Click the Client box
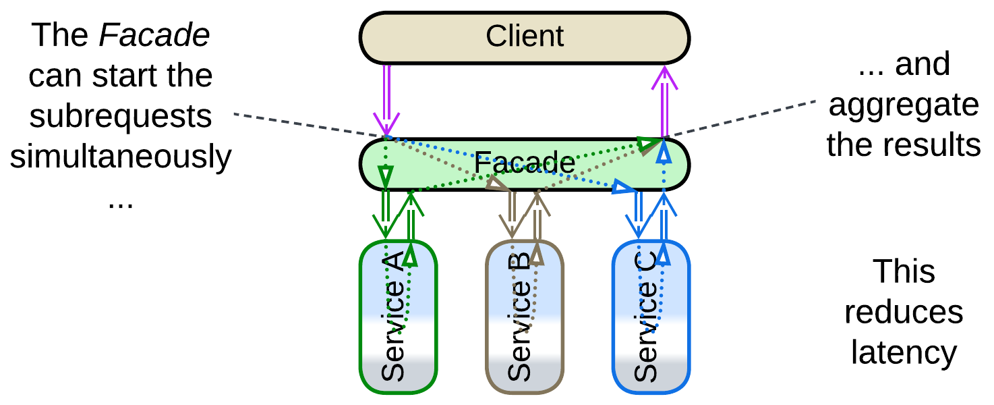tap(432, 36)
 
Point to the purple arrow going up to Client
tap(665, 101)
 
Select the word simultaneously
tap(121, 157)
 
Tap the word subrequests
tap(121, 116)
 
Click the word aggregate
tap(904, 105)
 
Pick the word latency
tap(904, 352)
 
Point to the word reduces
tap(904, 312)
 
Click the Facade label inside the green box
tap(524, 163)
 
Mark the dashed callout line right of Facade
tap(742, 117)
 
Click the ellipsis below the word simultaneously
tap(121, 200)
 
